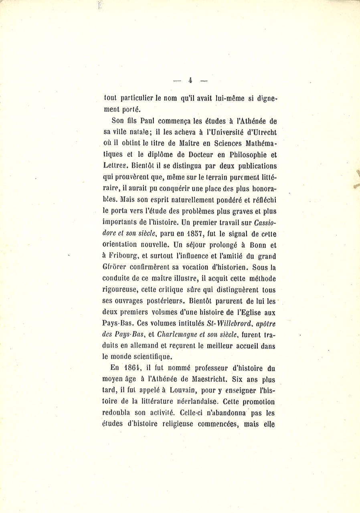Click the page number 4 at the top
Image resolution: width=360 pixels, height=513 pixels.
[190, 80]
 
